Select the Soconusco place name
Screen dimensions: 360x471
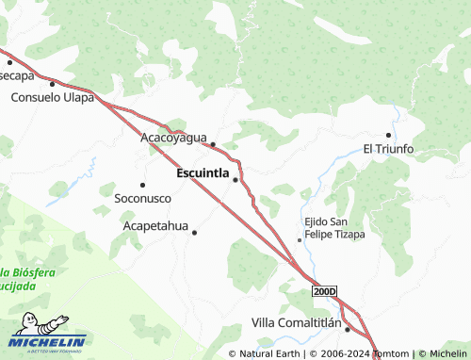click(x=143, y=199)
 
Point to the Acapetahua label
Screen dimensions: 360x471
click(x=156, y=226)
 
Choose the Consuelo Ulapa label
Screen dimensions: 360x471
click(x=52, y=97)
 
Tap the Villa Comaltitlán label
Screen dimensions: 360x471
click(x=296, y=323)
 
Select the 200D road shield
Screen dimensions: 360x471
click(x=324, y=293)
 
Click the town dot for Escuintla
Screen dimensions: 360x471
click(x=235, y=179)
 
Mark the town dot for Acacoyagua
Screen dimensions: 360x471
click(x=213, y=144)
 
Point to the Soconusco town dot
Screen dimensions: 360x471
click(x=142, y=185)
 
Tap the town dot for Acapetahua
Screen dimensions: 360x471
click(x=195, y=233)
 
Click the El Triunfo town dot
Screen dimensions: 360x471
click(x=389, y=135)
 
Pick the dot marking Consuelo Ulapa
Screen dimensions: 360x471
click(x=52, y=84)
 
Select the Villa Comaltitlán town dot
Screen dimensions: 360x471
click(x=347, y=329)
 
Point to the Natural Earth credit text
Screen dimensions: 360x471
click(x=268, y=353)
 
